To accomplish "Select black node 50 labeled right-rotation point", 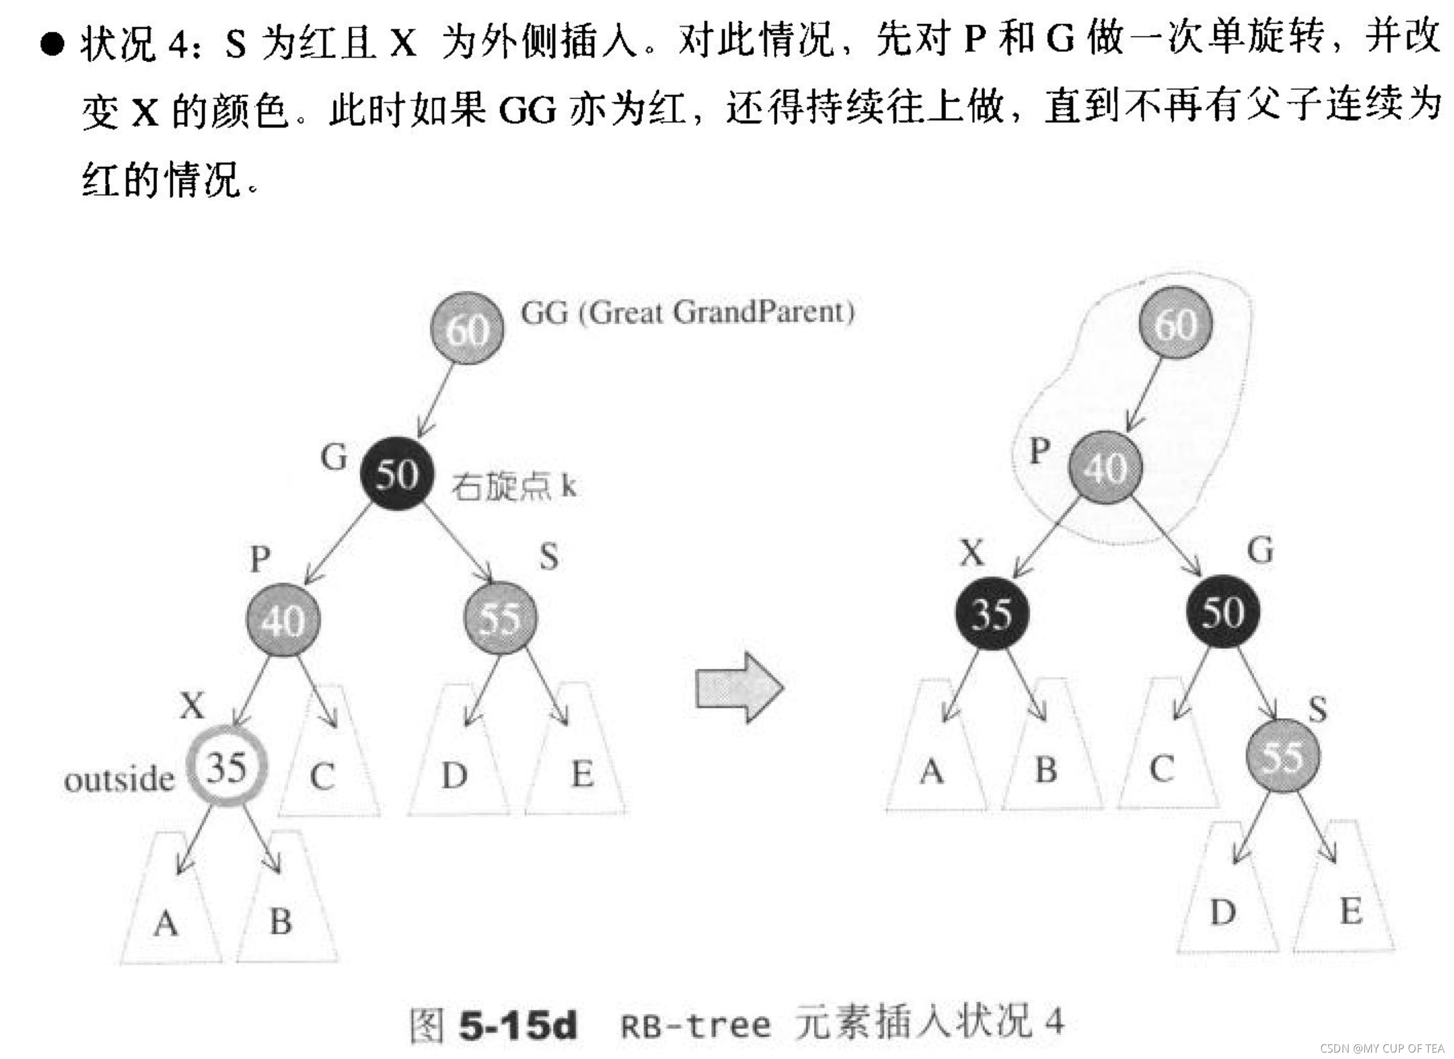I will pyautogui.click(x=396, y=473).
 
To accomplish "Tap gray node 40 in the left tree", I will pyautogui.click(x=283, y=619).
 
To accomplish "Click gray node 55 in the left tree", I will pyautogui.click(x=501, y=618).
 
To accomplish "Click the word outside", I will pyautogui.click(x=119, y=779).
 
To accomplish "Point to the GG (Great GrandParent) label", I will pyautogui.click(x=687, y=313).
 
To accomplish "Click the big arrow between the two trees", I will pyautogui.click(x=740, y=688).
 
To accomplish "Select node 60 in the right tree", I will pyautogui.click(x=1176, y=323).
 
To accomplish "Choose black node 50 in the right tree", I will pyautogui.click(x=1222, y=611).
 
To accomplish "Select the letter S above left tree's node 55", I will pyautogui.click(x=548, y=557).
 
